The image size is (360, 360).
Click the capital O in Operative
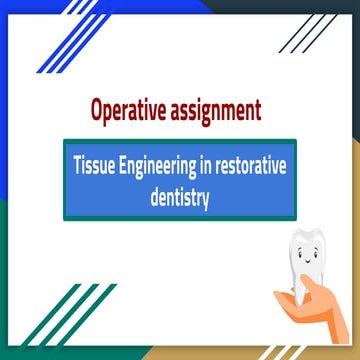point(97,107)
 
